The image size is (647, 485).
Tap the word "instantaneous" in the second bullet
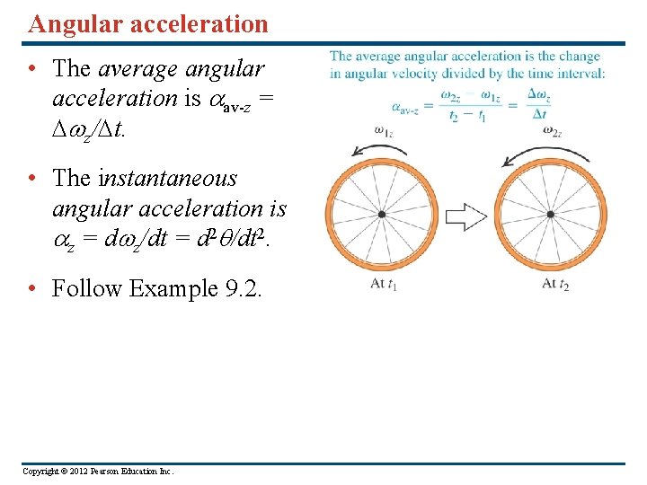pyautogui.click(x=168, y=178)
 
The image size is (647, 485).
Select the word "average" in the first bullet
pyautogui.click(x=137, y=67)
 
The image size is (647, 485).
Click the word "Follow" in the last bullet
pyautogui.click(x=88, y=288)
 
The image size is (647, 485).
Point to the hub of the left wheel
pyautogui.click(x=382, y=215)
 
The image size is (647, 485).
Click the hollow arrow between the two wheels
pyautogui.click(x=465, y=216)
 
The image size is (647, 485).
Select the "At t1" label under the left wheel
pyautogui.click(x=384, y=284)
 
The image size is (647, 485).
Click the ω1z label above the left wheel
pyautogui.click(x=383, y=131)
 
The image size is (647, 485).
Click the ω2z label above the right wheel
pyautogui.click(x=552, y=131)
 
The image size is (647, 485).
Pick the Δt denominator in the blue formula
pyautogui.click(x=539, y=114)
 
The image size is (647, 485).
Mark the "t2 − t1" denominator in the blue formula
pyautogui.click(x=469, y=115)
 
